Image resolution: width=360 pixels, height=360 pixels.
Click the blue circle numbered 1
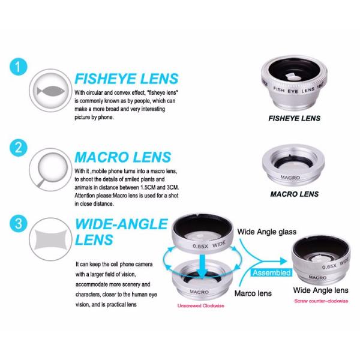[x=19, y=66]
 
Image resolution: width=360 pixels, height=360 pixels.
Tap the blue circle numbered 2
[x=19, y=148]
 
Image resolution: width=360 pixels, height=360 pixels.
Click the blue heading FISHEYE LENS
[x=126, y=79]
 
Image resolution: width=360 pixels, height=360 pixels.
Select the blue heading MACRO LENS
[x=122, y=157]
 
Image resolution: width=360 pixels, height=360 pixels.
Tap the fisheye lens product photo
[x=293, y=80]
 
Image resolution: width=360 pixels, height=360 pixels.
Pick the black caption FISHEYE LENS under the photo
[x=294, y=118]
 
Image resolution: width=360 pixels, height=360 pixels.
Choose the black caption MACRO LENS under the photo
[x=294, y=194]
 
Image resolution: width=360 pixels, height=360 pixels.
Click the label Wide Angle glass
[x=268, y=231]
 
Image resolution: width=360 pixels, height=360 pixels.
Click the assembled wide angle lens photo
[x=320, y=261]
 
